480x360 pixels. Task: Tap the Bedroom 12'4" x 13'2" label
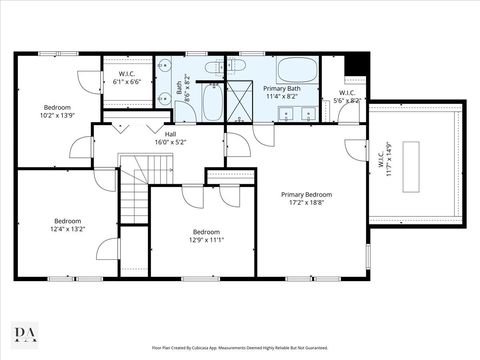pyautogui.click(x=68, y=226)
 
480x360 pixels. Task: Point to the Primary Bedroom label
pyautogui.click(x=306, y=199)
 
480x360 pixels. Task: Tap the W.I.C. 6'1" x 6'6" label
pyautogui.click(x=128, y=77)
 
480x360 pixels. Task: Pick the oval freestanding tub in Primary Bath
pyautogui.click(x=295, y=70)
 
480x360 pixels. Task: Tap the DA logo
pyautogui.click(x=25, y=332)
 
